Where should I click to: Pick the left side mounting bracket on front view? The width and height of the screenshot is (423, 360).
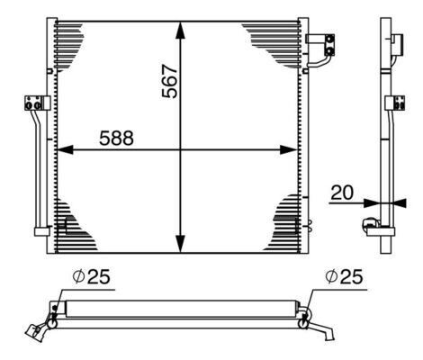pyautogui.click(x=34, y=103)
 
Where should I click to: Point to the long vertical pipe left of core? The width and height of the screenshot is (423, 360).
pyautogui.click(x=39, y=171)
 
